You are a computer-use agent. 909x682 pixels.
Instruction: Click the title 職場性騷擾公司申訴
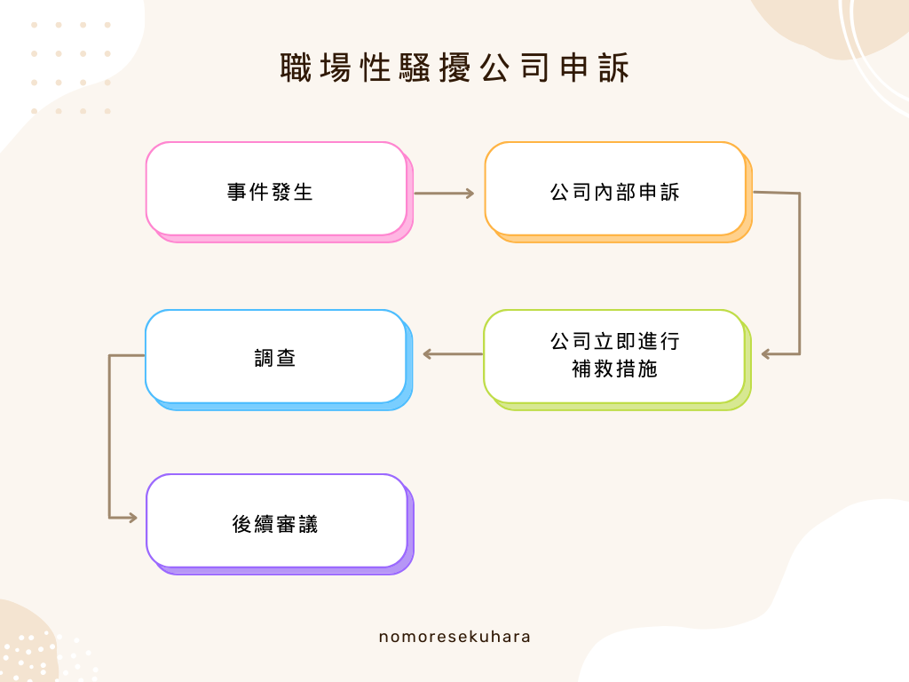[454, 68]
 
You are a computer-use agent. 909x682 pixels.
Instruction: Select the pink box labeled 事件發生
[276, 189]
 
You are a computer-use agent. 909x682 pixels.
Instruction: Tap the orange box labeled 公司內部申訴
[614, 189]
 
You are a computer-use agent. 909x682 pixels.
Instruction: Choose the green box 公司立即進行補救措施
[614, 355]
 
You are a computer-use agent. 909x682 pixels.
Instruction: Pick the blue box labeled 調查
[275, 356]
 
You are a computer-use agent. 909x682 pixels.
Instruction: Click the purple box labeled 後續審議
[276, 521]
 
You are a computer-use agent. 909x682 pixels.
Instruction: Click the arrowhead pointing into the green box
[767, 354]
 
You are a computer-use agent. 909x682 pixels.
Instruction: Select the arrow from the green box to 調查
[453, 354]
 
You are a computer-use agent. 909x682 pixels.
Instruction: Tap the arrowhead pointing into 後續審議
[133, 518]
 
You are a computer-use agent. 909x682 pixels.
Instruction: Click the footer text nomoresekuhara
[454, 637]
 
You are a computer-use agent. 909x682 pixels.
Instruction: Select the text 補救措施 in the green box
[614, 369]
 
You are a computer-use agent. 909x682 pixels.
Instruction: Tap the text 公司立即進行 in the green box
[614, 342]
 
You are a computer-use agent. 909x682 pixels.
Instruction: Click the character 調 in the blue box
[264, 358]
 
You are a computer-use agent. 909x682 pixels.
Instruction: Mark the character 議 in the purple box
[307, 525]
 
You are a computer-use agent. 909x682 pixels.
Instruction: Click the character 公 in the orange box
[560, 192]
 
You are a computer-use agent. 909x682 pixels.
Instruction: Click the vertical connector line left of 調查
[109, 435]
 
